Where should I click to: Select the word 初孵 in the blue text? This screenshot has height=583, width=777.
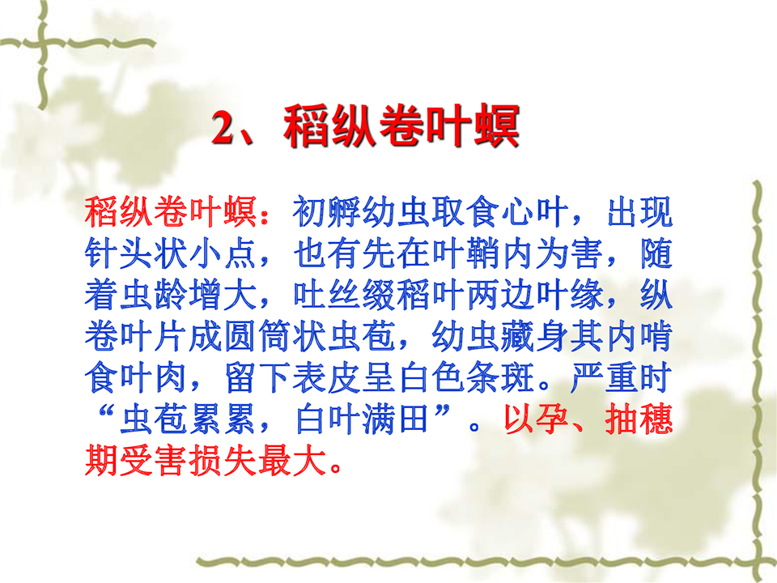click(x=326, y=212)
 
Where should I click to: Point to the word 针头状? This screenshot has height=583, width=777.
click(x=136, y=253)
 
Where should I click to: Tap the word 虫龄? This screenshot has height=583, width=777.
click(x=153, y=295)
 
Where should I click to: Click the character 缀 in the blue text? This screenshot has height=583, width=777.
click(x=379, y=295)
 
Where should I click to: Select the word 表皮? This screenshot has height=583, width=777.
click(x=326, y=378)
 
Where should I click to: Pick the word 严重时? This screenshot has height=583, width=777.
click(x=622, y=378)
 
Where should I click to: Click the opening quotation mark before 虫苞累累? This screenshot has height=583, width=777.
click(x=107, y=412)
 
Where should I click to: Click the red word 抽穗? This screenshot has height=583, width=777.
click(x=639, y=419)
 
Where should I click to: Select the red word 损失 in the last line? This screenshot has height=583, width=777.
click(x=222, y=461)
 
